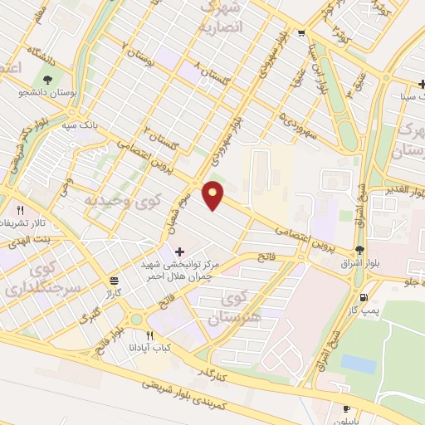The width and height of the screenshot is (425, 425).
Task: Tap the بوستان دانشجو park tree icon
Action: tap(48, 81)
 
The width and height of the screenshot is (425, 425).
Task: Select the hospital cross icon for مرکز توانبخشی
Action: tap(180, 251)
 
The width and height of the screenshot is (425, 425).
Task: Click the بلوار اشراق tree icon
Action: tap(359, 250)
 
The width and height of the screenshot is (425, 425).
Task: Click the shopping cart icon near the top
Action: tap(300, 33)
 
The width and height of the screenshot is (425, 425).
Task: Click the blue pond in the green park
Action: tap(358, 363)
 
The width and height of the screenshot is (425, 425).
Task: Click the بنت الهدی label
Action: tap(25, 238)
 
